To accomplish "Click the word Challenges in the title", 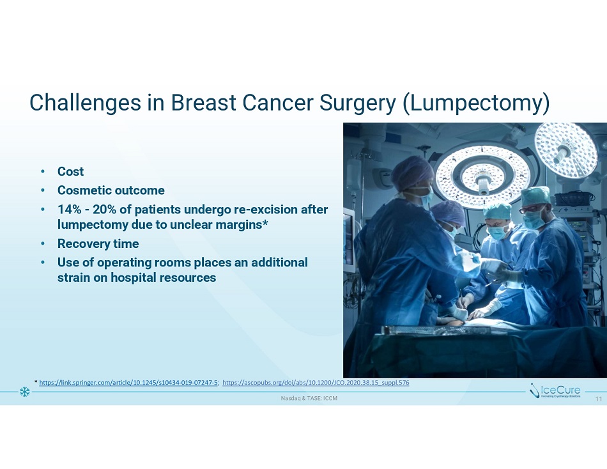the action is [x=85, y=103].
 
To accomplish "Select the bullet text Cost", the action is [x=70, y=171].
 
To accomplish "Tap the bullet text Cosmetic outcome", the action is [x=111, y=190].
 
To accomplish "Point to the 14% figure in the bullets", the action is [x=69, y=209].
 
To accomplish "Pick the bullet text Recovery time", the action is [x=98, y=243].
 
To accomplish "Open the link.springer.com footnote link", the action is [x=129, y=383].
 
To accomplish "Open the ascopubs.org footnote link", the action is [x=316, y=383].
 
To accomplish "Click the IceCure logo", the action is [x=555, y=391].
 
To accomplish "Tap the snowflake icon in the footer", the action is [x=25, y=392].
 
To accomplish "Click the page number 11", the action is [x=599, y=399].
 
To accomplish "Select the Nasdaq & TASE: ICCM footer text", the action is [x=309, y=398].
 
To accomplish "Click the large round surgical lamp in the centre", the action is [x=482, y=176].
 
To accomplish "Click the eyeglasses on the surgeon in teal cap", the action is [x=530, y=209].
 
